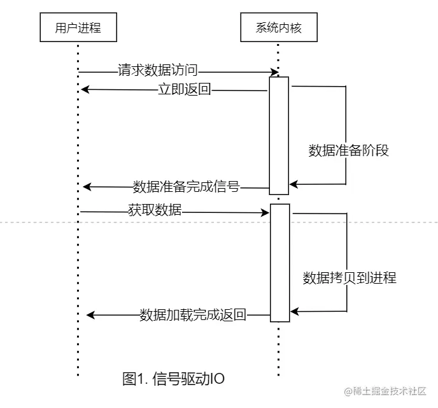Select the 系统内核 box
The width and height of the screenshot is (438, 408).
[x=278, y=27]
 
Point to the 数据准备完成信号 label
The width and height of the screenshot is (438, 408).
[x=186, y=187]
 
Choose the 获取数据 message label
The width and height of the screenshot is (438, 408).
[x=155, y=210]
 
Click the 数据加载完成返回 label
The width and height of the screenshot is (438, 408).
[x=193, y=315]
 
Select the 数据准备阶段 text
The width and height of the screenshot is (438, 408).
[x=348, y=150]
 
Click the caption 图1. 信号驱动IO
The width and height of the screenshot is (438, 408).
[x=173, y=379]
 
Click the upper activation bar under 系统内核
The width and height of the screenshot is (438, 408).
[x=279, y=135]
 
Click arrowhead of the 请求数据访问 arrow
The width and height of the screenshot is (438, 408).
[x=274, y=71]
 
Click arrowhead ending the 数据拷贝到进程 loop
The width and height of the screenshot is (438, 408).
[x=294, y=312]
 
